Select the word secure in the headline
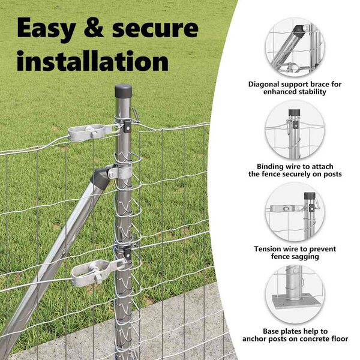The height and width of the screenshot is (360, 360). pos(155,29)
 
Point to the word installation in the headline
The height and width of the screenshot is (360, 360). pos(92,61)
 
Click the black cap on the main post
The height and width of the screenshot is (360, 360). pos(123,91)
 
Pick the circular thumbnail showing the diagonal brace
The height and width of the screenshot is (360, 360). pos(295,47)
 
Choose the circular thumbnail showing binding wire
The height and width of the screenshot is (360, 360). pos(295,130)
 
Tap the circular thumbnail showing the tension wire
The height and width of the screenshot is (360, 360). pos(295,212)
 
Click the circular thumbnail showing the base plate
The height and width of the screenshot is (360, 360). pos(295,295)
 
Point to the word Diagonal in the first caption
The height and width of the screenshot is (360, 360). pos(263,85)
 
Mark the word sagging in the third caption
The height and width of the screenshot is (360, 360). pos(306,257)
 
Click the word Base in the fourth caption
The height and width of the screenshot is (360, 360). pos(271,331)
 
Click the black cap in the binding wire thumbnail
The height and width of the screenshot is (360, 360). pos(295,113)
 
